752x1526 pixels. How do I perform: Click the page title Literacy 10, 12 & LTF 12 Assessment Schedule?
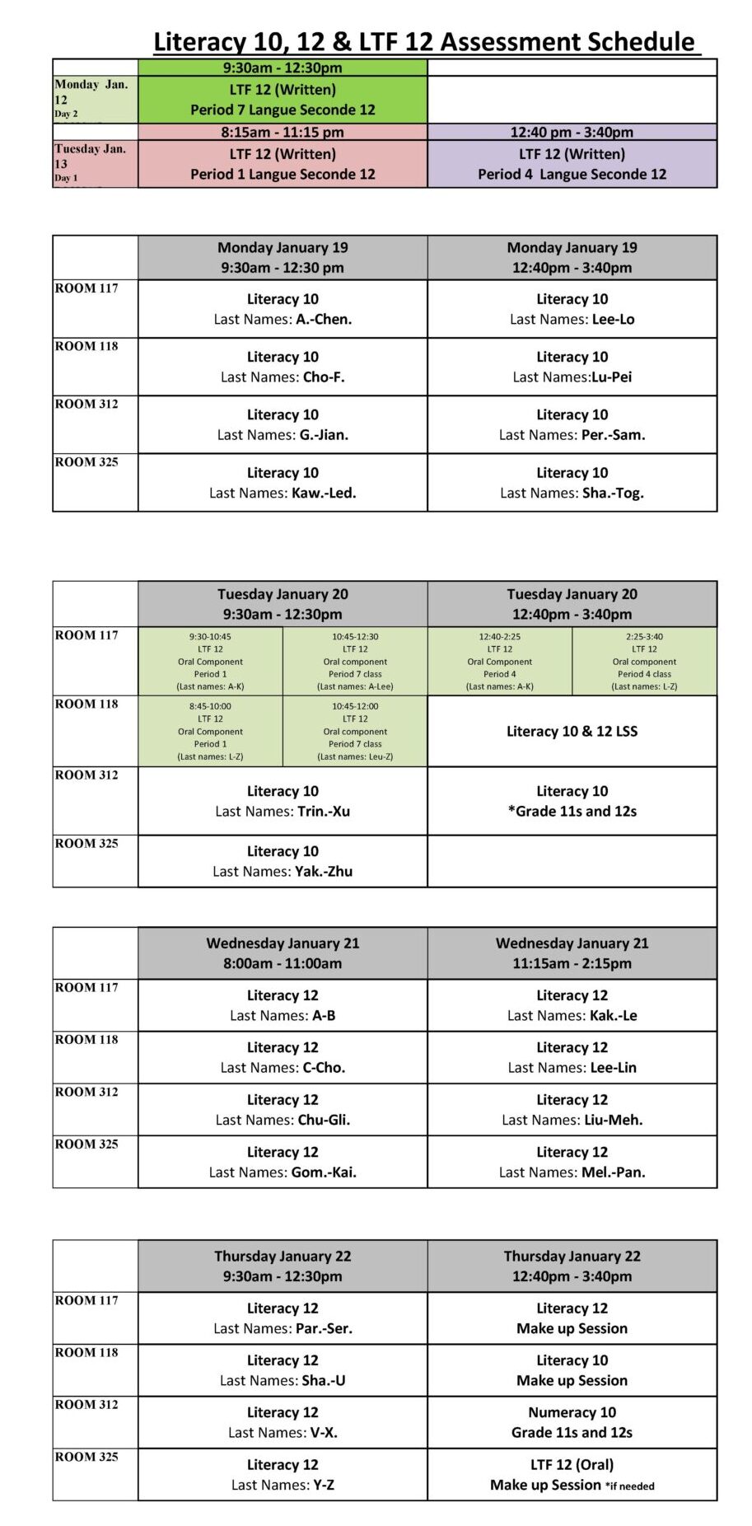click(424, 41)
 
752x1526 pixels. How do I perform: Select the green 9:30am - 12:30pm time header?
click(283, 68)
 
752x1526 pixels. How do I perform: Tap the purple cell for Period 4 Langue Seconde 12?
click(572, 164)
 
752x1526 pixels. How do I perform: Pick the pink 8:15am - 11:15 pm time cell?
click(283, 132)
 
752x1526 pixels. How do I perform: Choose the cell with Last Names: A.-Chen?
click(283, 309)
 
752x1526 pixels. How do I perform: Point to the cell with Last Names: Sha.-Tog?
click(572, 483)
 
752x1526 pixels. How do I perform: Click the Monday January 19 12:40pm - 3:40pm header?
click(572, 257)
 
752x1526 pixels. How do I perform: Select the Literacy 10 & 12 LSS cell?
click(572, 731)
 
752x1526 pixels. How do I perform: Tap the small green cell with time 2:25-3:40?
click(644, 661)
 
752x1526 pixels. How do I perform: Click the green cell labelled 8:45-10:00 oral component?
click(210, 731)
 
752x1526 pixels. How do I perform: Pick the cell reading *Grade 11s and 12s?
click(572, 801)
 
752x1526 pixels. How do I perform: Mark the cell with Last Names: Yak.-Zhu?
click(283, 861)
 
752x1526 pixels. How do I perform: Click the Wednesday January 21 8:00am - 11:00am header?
click(283, 953)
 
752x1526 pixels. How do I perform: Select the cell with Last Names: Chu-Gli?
click(283, 1110)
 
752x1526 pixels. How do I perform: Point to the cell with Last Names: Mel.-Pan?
click(572, 1162)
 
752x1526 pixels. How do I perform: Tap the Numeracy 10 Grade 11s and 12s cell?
click(572, 1422)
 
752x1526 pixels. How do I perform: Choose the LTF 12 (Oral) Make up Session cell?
click(572, 1475)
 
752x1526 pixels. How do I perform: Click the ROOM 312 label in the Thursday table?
click(86, 1405)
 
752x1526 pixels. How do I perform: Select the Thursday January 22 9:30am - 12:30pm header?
click(283, 1266)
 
